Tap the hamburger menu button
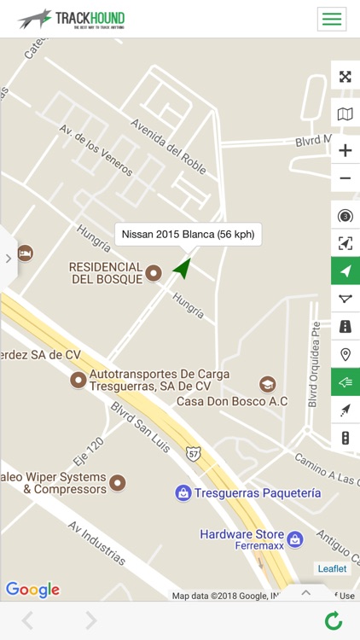(331, 19)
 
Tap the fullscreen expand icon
(345, 77)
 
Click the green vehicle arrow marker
(182, 268)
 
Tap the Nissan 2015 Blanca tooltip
(188, 234)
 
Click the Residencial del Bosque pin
(154, 273)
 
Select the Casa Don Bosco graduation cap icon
(268, 384)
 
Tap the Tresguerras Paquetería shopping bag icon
(183, 493)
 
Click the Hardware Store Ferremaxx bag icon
(294, 539)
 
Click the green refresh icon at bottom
(334, 621)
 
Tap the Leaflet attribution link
(332, 569)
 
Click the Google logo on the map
(32, 590)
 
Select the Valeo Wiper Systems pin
(118, 483)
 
